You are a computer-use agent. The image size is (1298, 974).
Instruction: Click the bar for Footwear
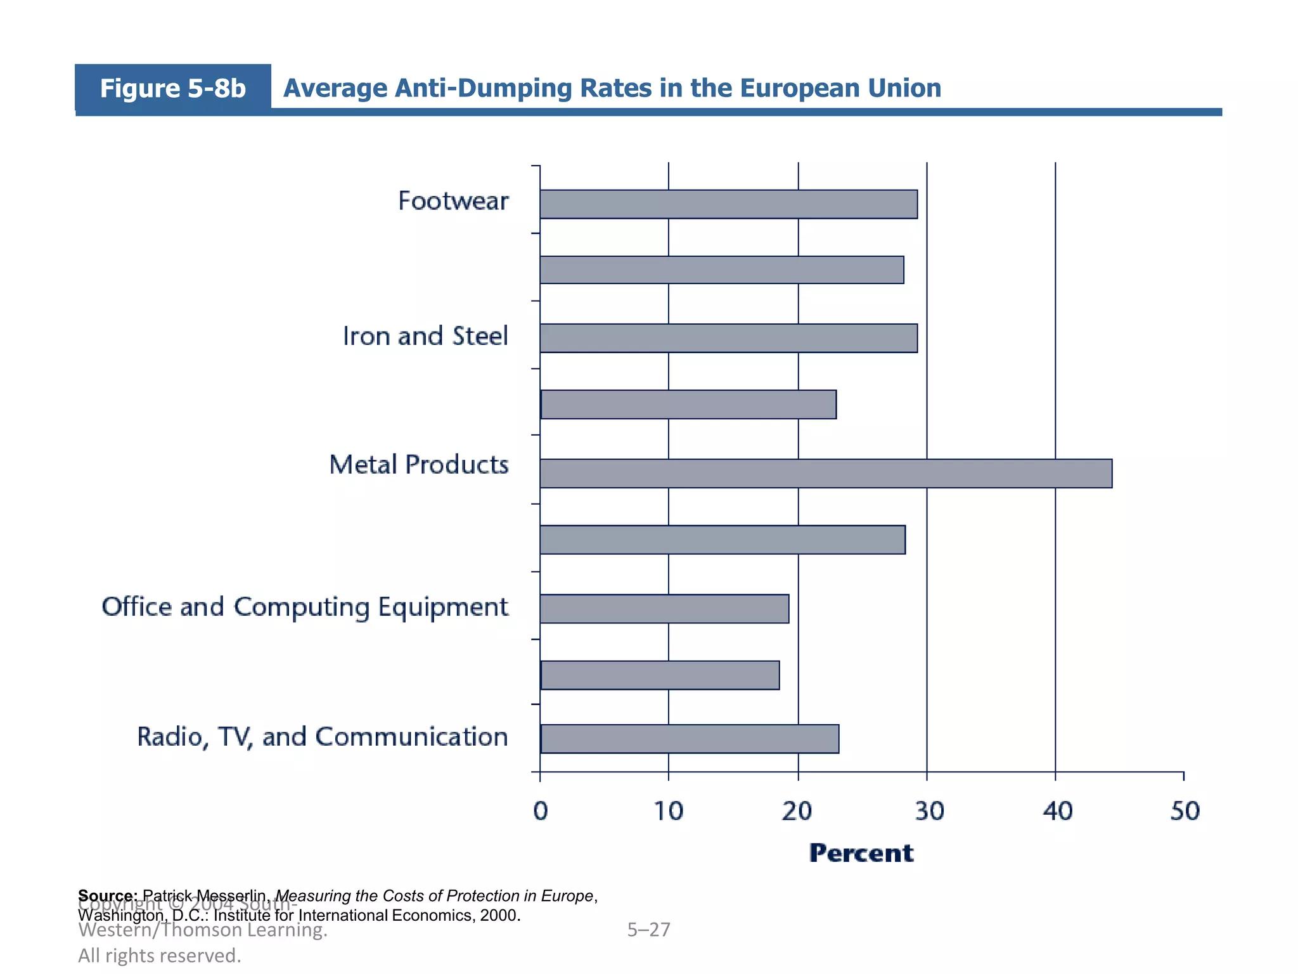pyautogui.click(x=728, y=204)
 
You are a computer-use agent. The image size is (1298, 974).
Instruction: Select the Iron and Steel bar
pyautogui.click(x=728, y=338)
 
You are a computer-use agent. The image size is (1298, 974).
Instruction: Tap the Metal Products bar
pyautogui.click(x=825, y=474)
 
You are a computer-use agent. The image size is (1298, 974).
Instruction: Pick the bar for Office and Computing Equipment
pyautogui.click(x=664, y=609)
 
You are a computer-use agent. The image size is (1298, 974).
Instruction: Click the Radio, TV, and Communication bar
pyautogui.click(x=690, y=739)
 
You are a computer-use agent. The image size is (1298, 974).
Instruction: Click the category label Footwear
pyautogui.click(x=453, y=201)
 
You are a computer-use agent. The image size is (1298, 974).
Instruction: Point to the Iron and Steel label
pyautogui.click(x=425, y=336)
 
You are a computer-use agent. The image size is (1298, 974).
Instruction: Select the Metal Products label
pyautogui.click(x=419, y=465)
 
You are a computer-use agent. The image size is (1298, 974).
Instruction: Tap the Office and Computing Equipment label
pyautogui.click(x=305, y=607)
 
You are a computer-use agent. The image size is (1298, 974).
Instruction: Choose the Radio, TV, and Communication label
pyautogui.click(x=323, y=737)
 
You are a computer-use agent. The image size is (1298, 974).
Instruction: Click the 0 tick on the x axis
pyautogui.click(x=540, y=811)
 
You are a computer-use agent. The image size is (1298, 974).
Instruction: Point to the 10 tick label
pyautogui.click(x=669, y=811)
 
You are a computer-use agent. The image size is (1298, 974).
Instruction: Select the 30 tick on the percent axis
pyautogui.click(x=929, y=811)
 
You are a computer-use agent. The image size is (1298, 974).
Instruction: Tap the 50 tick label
pyautogui.click(x=1185, y=811)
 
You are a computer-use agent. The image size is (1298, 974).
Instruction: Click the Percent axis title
pyautogui.click(x=861, y=853)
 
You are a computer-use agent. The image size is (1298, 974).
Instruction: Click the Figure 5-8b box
pyautogui.click(x=172, y=88)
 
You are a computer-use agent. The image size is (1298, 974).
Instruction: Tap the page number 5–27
pyautogui.click(x=648, y=930)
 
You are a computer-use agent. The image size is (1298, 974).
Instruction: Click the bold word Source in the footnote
pyautogui.click(x=107, y=896)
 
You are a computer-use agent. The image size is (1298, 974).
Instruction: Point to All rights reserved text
pyautogui.click(x=160, y=955)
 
